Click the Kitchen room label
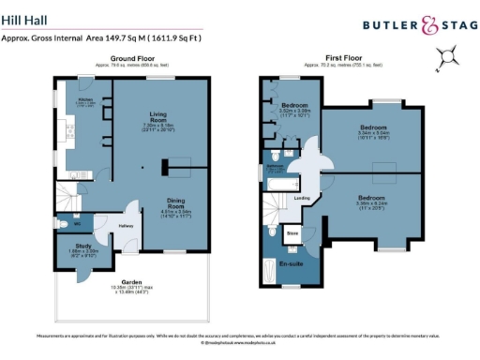tap(84, 97)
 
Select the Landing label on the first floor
tap(302, 198)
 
